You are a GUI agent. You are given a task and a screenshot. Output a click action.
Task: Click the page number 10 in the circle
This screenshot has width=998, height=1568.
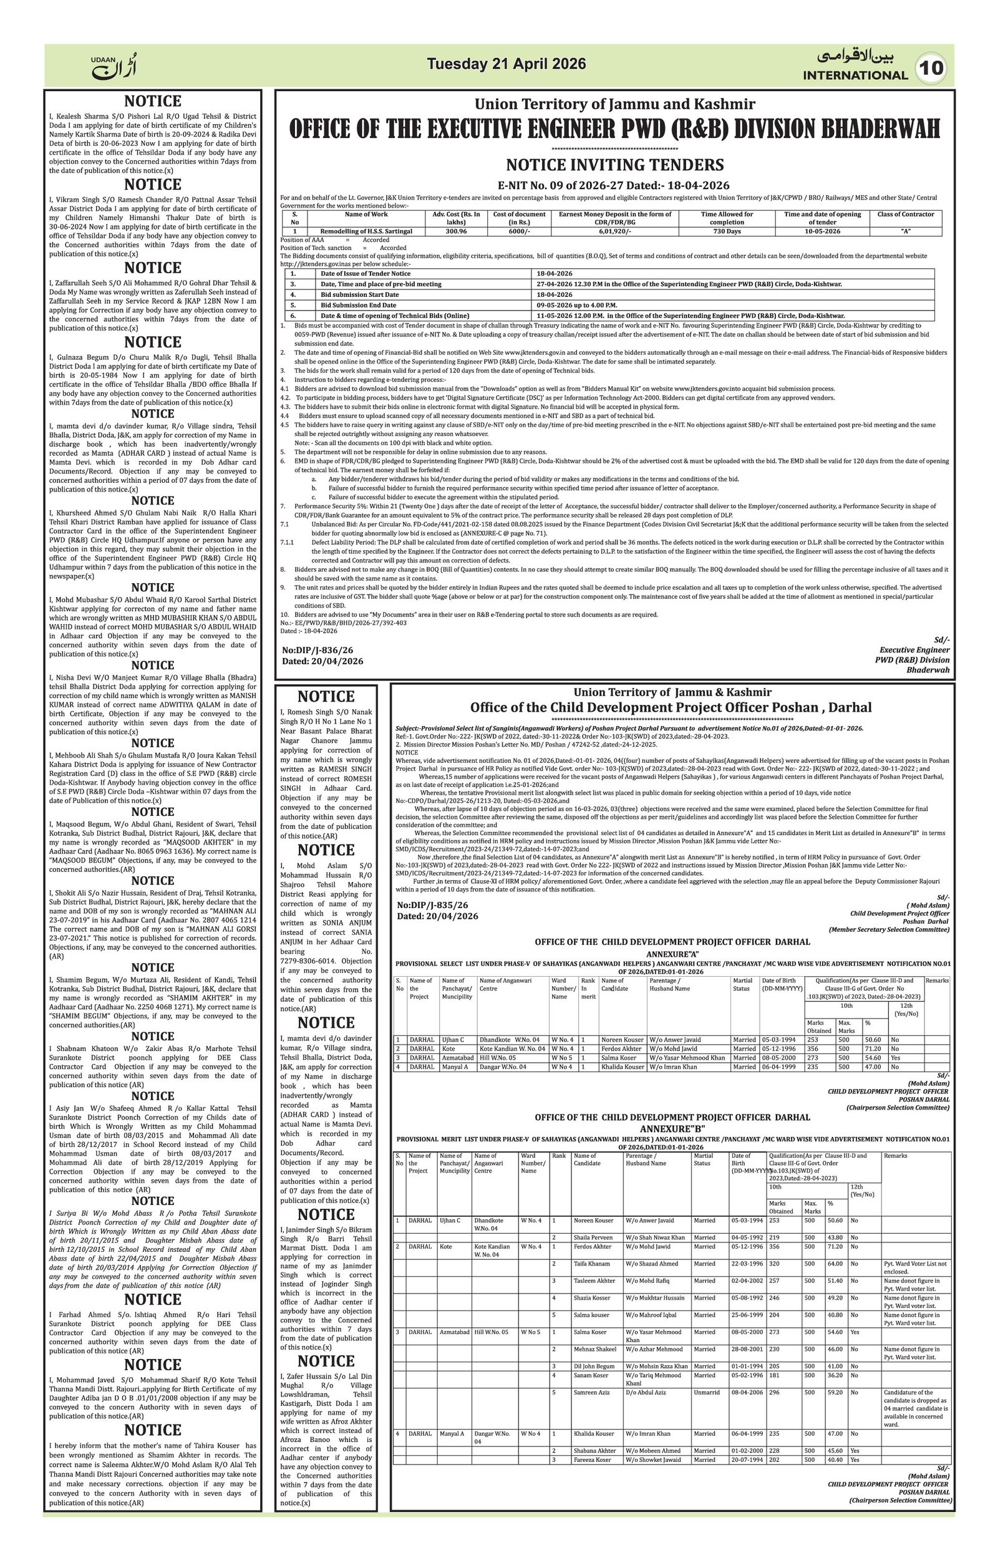pos(933,69)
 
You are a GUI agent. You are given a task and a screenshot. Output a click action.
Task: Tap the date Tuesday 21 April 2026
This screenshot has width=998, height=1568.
pos(506,64)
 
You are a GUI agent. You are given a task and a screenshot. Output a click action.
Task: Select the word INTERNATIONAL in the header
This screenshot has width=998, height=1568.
pos(855,75)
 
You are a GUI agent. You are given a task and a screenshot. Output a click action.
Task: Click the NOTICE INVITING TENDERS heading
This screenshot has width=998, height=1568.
pos(614,164)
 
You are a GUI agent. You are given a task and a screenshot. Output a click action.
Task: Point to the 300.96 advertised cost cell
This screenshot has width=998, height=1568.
pos(456,231)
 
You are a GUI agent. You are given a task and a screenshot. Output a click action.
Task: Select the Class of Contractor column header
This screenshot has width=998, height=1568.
pos(905,214)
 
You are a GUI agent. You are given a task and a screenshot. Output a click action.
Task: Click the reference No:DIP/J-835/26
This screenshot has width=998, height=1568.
pos(432,905)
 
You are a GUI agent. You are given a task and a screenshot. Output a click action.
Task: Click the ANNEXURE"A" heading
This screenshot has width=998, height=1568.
pos(672,953)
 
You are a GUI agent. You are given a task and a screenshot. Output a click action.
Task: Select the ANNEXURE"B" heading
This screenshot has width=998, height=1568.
pos(672,1128)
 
